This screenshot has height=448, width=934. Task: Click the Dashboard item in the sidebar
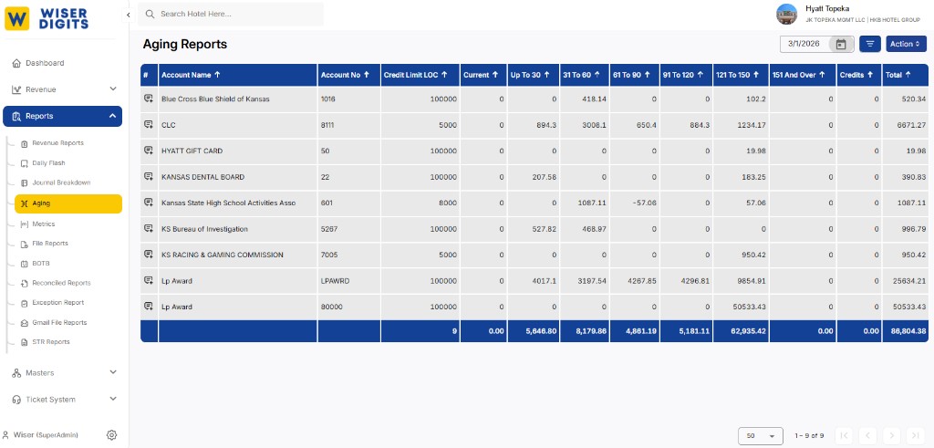point(44,63)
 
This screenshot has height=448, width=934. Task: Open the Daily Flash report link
point(48,163)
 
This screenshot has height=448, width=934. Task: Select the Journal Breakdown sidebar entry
point(60,182)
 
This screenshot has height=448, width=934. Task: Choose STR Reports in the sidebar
point(50,342)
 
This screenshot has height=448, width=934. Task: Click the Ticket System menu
point(50,400)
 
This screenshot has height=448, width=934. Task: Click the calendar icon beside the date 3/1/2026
point(841,44)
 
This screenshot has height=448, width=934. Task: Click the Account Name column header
point(191,75)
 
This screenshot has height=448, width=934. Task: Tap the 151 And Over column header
point(798,75)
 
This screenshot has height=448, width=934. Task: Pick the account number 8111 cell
point(329,125)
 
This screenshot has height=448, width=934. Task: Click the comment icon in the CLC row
point(149,125)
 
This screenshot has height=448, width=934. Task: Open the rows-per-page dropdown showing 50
point(761,436)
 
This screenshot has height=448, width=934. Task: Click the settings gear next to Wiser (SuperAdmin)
point(111,435)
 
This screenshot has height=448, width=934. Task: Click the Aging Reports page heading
point(185,44)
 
